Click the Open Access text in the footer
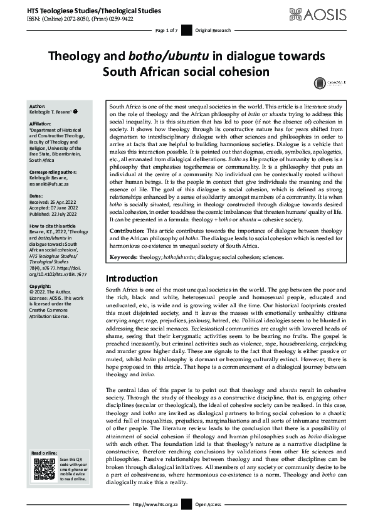tap(208, 504)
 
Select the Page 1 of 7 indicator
tap(166, 30)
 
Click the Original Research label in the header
tap(213, 30)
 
